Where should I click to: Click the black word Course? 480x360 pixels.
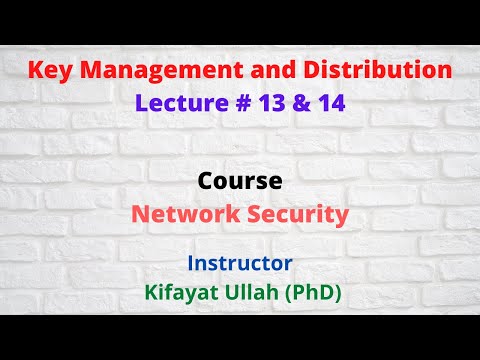[x=239, y=183]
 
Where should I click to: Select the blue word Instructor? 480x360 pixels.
[x=239, y=264]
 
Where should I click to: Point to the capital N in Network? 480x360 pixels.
[x=141, y=213]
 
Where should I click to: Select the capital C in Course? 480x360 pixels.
[x=206, y=183]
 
